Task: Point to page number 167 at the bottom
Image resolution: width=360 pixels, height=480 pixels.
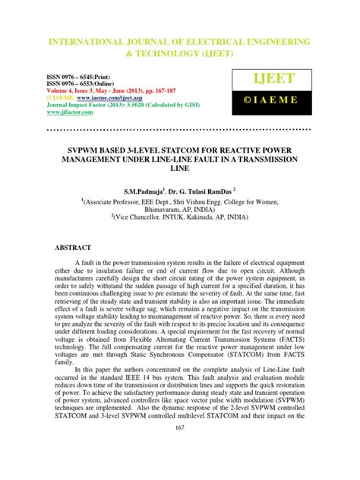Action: (x=179, y=449)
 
